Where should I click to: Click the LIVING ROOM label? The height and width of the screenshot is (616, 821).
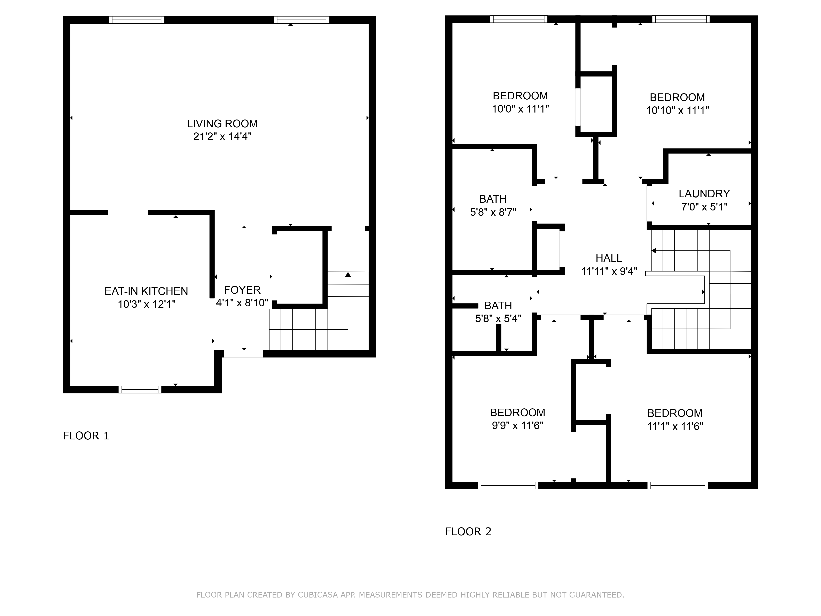click(222, 124)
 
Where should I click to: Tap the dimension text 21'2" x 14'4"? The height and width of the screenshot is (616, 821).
click(222, 137)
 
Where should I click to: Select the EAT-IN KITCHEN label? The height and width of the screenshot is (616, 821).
click(146, 291)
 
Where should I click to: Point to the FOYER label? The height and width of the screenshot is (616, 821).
click(242, 290)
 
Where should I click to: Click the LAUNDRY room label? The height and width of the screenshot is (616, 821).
click(704, 194)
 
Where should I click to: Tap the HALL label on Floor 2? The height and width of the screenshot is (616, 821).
click(609, 258)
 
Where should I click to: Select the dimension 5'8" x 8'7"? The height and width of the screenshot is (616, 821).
click(493, 212)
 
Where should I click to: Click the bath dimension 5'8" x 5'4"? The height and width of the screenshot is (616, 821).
click(498, 319)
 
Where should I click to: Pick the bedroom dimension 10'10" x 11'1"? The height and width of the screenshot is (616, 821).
click(677, 110)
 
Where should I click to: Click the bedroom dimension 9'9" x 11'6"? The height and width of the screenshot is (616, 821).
click(517, 425)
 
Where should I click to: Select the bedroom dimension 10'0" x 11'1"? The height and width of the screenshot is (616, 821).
click(520, 109)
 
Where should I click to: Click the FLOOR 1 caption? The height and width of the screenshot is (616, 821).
click(86, 436)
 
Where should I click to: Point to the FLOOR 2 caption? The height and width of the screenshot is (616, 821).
click(468, 532)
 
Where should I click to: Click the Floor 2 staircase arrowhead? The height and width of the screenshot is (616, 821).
click(654, 251)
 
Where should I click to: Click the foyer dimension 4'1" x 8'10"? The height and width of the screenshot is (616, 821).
click(242, 303)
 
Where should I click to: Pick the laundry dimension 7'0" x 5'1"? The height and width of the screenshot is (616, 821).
click(704, 207)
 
